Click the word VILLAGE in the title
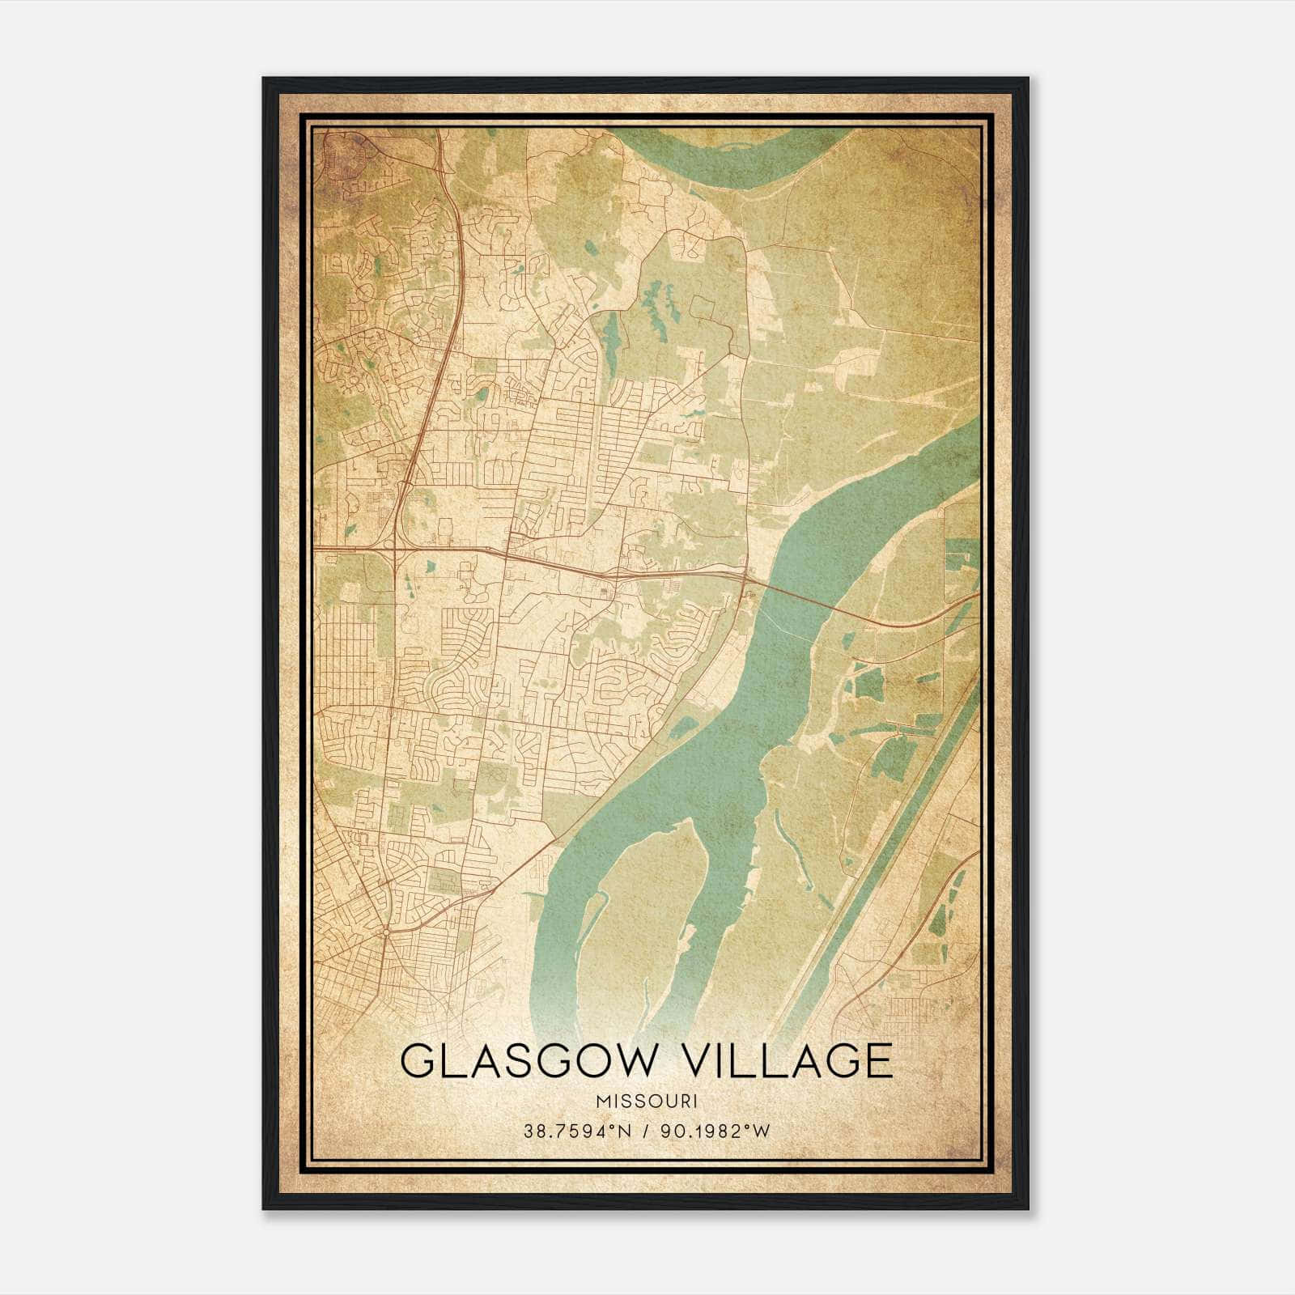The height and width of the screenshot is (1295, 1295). coord(783,1062)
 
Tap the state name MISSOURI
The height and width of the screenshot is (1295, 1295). coord(646,1102)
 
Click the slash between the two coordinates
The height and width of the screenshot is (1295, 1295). coord(644,1132)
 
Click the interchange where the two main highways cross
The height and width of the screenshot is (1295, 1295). coord(394,550)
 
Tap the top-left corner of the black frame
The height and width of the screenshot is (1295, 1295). coord(265,79)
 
